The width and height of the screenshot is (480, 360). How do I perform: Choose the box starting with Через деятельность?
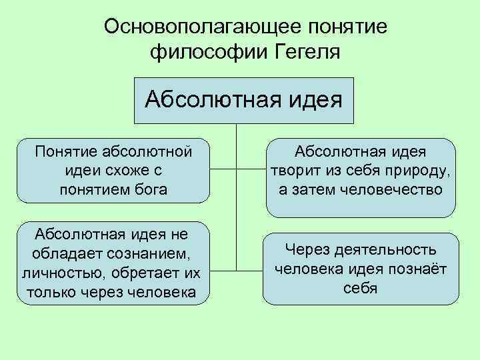pos(361,269)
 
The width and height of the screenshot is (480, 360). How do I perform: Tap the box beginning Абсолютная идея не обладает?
pos(111,263)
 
